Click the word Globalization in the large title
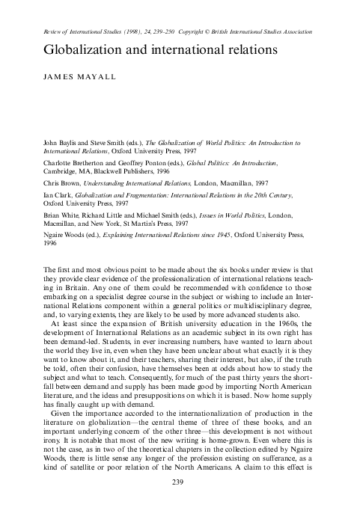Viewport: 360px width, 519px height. (71, 49)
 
